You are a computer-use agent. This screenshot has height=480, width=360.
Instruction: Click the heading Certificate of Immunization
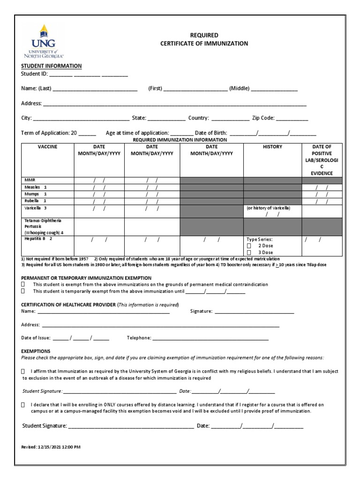point(204,44)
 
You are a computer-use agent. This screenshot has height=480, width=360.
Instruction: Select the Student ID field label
point(34,74)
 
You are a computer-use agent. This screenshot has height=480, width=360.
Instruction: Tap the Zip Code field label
point(263,119)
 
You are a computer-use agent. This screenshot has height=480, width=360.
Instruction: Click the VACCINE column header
point(47,147)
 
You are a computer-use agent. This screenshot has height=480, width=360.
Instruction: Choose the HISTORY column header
point(272,147)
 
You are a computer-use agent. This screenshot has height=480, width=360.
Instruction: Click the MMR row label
point(30,180)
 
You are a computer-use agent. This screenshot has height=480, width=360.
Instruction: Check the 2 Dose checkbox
point(249,246)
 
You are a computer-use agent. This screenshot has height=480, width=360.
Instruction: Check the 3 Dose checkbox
point(249,253)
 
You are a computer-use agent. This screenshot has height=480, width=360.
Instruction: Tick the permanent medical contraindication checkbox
point(23,285)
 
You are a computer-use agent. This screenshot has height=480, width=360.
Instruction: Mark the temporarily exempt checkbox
point(23,291)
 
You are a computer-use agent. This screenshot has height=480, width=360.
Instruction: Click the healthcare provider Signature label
point(202,311)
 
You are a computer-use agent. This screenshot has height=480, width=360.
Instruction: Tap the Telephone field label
point(139,338)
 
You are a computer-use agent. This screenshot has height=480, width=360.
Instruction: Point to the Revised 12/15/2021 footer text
point(51,447)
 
